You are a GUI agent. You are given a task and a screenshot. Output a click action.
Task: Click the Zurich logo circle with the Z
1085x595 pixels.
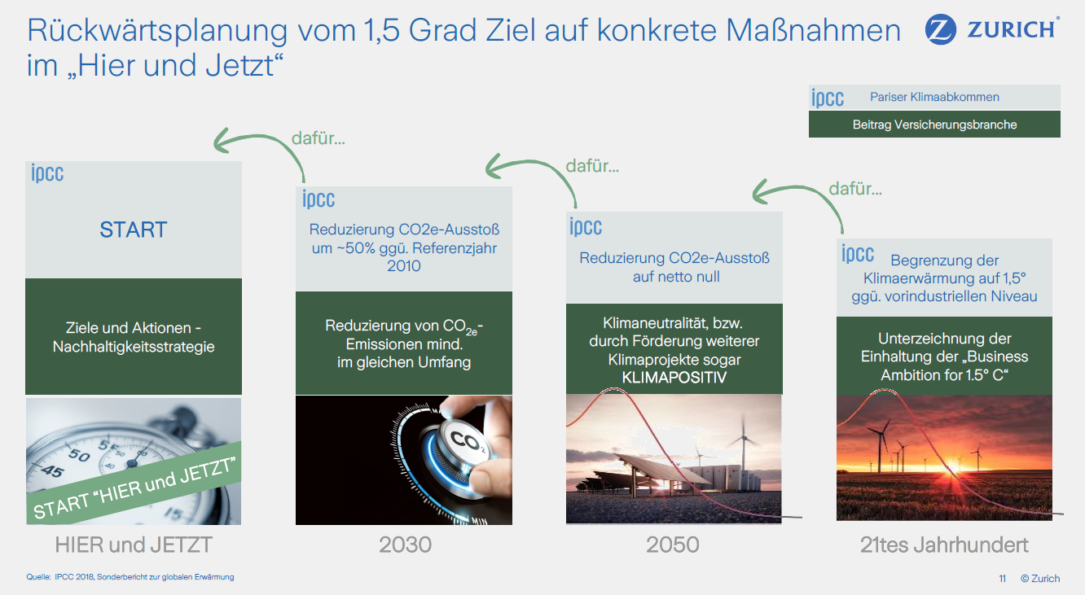click(x=940, y=29)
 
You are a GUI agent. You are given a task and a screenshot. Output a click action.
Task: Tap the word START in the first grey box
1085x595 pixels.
click(x=134, y=230)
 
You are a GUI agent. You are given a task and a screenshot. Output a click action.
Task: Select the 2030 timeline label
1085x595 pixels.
click(x=405, y=545)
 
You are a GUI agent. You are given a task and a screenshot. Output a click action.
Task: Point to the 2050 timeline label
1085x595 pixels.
click(x=673, y=545)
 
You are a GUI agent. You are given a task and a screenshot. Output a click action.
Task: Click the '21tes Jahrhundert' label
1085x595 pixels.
click(x=944, y=545)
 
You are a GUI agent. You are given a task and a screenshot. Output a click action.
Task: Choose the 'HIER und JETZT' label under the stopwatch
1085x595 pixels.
click(x=134, y=545)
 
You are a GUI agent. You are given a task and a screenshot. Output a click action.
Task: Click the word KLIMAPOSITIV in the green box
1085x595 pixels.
click(x=674, y=378)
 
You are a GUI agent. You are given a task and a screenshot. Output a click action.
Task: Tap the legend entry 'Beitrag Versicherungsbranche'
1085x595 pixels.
click(x=934, y=125)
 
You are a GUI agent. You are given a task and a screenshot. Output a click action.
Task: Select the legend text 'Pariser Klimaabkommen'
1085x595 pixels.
click(x=934, y=97)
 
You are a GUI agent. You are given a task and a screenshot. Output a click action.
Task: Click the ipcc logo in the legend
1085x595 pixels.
click(x=828, y=98)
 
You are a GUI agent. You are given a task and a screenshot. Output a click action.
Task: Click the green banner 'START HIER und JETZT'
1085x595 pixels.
click(x=134, y=483)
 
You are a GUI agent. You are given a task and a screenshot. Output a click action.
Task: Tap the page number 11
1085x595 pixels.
click(x=1002, y=579)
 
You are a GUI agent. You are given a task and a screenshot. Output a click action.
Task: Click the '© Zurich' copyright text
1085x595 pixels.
click(x=1040, y=579)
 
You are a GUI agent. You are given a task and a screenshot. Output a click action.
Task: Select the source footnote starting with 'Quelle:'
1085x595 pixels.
click(x=130, y=577)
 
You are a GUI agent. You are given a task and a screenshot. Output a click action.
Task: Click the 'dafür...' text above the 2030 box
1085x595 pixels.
click(x=318, y=138)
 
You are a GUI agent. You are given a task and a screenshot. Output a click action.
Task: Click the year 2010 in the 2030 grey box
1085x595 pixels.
click(x=404, y=266)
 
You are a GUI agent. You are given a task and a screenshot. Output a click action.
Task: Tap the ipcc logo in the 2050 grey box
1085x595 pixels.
click(x=586, y=226)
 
